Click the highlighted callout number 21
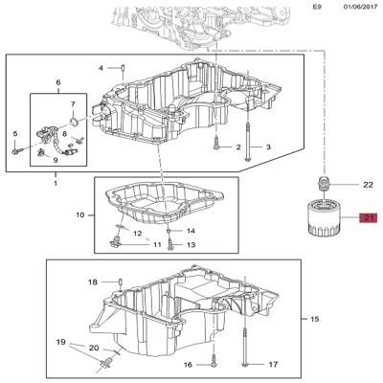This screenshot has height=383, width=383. tap(369, 218)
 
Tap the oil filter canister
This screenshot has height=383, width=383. tap(325, 217)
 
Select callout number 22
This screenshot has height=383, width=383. tap(368, 185)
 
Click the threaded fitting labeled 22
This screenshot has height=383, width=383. tap(324, 183)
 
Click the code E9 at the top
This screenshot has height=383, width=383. tap(318, 7)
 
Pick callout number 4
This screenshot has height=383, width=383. tap(101, 68)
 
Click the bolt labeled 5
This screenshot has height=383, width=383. tap(17, 150)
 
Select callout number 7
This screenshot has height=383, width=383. tap(73, 104)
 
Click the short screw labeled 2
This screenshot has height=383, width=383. tap(216, 143)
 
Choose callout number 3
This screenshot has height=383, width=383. tap(268, 147)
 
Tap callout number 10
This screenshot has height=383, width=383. tap(80, 215)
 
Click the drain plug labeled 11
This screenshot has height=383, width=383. tap(115, 242)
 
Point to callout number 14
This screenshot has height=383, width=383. tap(191, 231)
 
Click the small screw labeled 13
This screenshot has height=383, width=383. tap(169, 245)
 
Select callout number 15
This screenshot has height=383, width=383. tap(315, 319)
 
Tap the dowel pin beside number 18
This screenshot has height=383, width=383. tap(120, 282)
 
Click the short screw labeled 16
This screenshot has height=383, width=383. tap(214, 362)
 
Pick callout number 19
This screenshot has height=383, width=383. tap(60, 343)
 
